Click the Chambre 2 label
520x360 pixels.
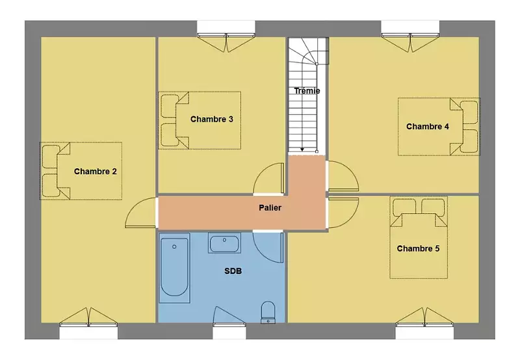click(x=95, y=172)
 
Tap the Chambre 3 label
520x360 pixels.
click(x=212, y=119)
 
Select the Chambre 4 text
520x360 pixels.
click(x=428, y=126)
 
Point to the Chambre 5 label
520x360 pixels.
click(x=418, y=248)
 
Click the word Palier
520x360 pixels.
click(x=270, y=208)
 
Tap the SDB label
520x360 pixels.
click(x=233, y=271)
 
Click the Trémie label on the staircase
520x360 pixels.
click(x=307, y=91)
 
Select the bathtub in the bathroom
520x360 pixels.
click(x=174, y=268)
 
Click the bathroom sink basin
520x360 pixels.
click(x=224, y=243)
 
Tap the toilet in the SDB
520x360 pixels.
click(x=268, y=313)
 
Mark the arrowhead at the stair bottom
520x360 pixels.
click(x=302, y=150)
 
